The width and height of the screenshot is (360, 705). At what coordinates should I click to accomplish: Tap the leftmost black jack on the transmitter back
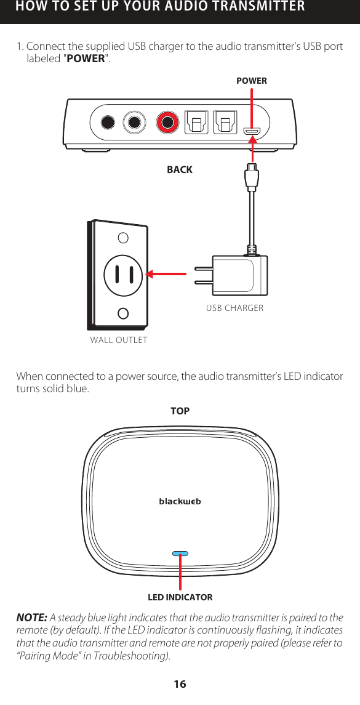click(108, 121)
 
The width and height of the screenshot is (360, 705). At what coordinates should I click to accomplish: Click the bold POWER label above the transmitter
click(252, 81)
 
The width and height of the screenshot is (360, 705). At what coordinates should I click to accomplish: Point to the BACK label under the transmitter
click(180, 169)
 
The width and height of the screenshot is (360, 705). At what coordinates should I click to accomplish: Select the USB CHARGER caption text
click(234, 308)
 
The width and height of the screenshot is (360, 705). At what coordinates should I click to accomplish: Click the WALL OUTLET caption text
click(119, 339)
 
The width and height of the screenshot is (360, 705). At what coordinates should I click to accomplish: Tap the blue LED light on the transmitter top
click(180, 553)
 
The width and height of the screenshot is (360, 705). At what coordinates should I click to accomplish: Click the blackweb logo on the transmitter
click(180, 501)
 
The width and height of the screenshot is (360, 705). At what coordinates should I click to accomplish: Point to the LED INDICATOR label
click(180, 597)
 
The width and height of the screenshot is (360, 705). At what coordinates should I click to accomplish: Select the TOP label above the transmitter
click(180, 411)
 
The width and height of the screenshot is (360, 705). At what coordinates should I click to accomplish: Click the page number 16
click(180, 685)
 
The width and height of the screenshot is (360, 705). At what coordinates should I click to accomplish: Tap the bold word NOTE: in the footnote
click(32, 618)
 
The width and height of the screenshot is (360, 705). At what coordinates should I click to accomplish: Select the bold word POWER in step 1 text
click(85, 60)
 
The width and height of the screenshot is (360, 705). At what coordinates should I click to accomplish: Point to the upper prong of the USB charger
click(204, 268)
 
